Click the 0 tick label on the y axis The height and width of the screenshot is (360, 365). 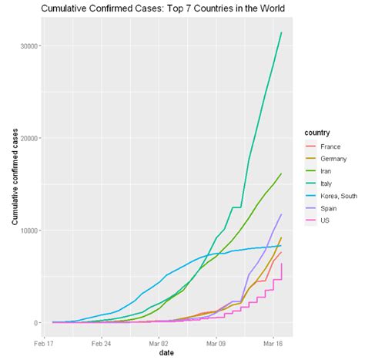pyautogui.click(x=37, y=323)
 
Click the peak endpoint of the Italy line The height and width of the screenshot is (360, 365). pyautogui.click(x=282, y=32)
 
